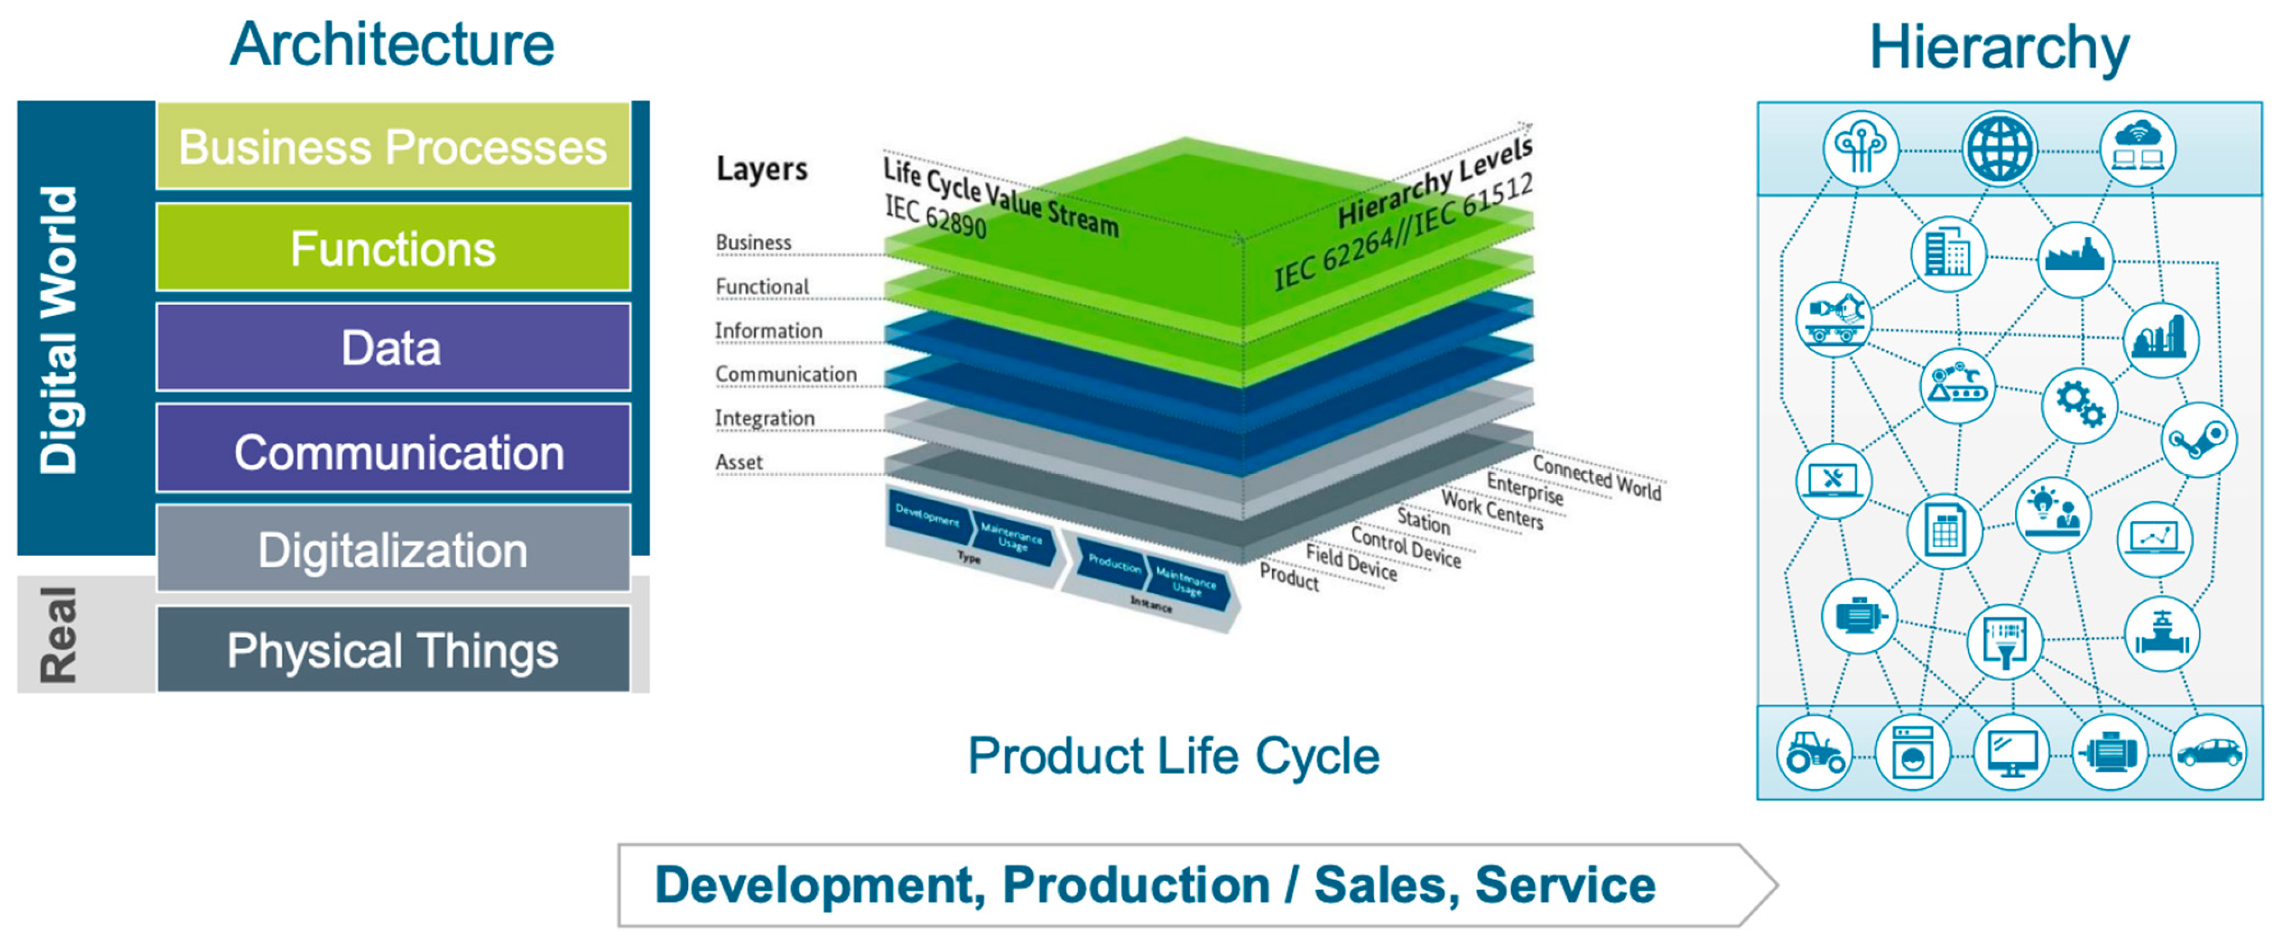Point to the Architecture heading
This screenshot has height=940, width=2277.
click(392, 44)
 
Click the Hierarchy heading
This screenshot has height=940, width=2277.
click(1999, 48)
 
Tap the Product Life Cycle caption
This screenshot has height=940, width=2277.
click(1173, 756)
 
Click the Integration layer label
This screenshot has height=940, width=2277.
click(764, 418)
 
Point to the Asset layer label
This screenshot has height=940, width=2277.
click(738, 462)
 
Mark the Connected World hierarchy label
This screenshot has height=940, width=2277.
click(1596, 477)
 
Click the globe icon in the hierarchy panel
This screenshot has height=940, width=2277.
click(1999, 148)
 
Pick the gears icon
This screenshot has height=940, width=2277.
click(2079, 405)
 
